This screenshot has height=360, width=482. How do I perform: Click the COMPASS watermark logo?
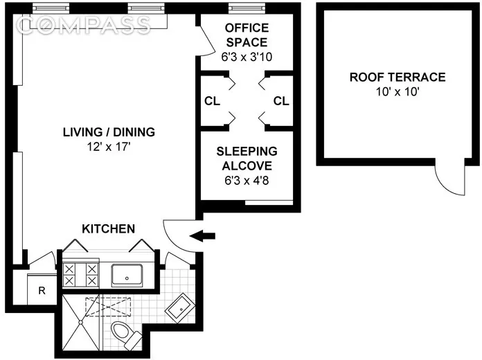click(84, 26)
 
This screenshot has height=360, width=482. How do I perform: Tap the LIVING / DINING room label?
click(109, 132)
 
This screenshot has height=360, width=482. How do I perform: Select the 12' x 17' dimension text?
click(109, 146)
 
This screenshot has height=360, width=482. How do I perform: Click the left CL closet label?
click(212, 101)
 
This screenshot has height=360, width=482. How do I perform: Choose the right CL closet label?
click(280, 101)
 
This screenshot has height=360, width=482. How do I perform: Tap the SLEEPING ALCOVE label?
click(247, 159)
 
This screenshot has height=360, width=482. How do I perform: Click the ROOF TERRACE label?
click(397, 77)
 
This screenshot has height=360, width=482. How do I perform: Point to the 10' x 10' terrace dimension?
click(397, 91)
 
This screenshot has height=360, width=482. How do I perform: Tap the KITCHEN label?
click(109, 228)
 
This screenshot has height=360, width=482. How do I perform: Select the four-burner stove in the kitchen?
click(80, 275)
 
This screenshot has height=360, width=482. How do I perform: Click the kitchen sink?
click(127, 275)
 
